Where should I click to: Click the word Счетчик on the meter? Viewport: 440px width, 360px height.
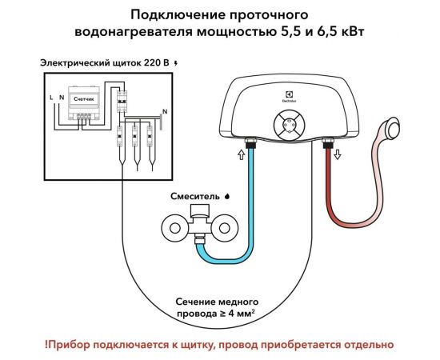[82, 98]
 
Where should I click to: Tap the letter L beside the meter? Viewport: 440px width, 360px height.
[51, 97]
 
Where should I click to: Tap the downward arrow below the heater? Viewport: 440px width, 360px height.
[338, 154]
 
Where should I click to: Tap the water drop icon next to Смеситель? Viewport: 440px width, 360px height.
[227, 194]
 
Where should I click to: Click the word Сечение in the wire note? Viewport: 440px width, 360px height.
[200, 302]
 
